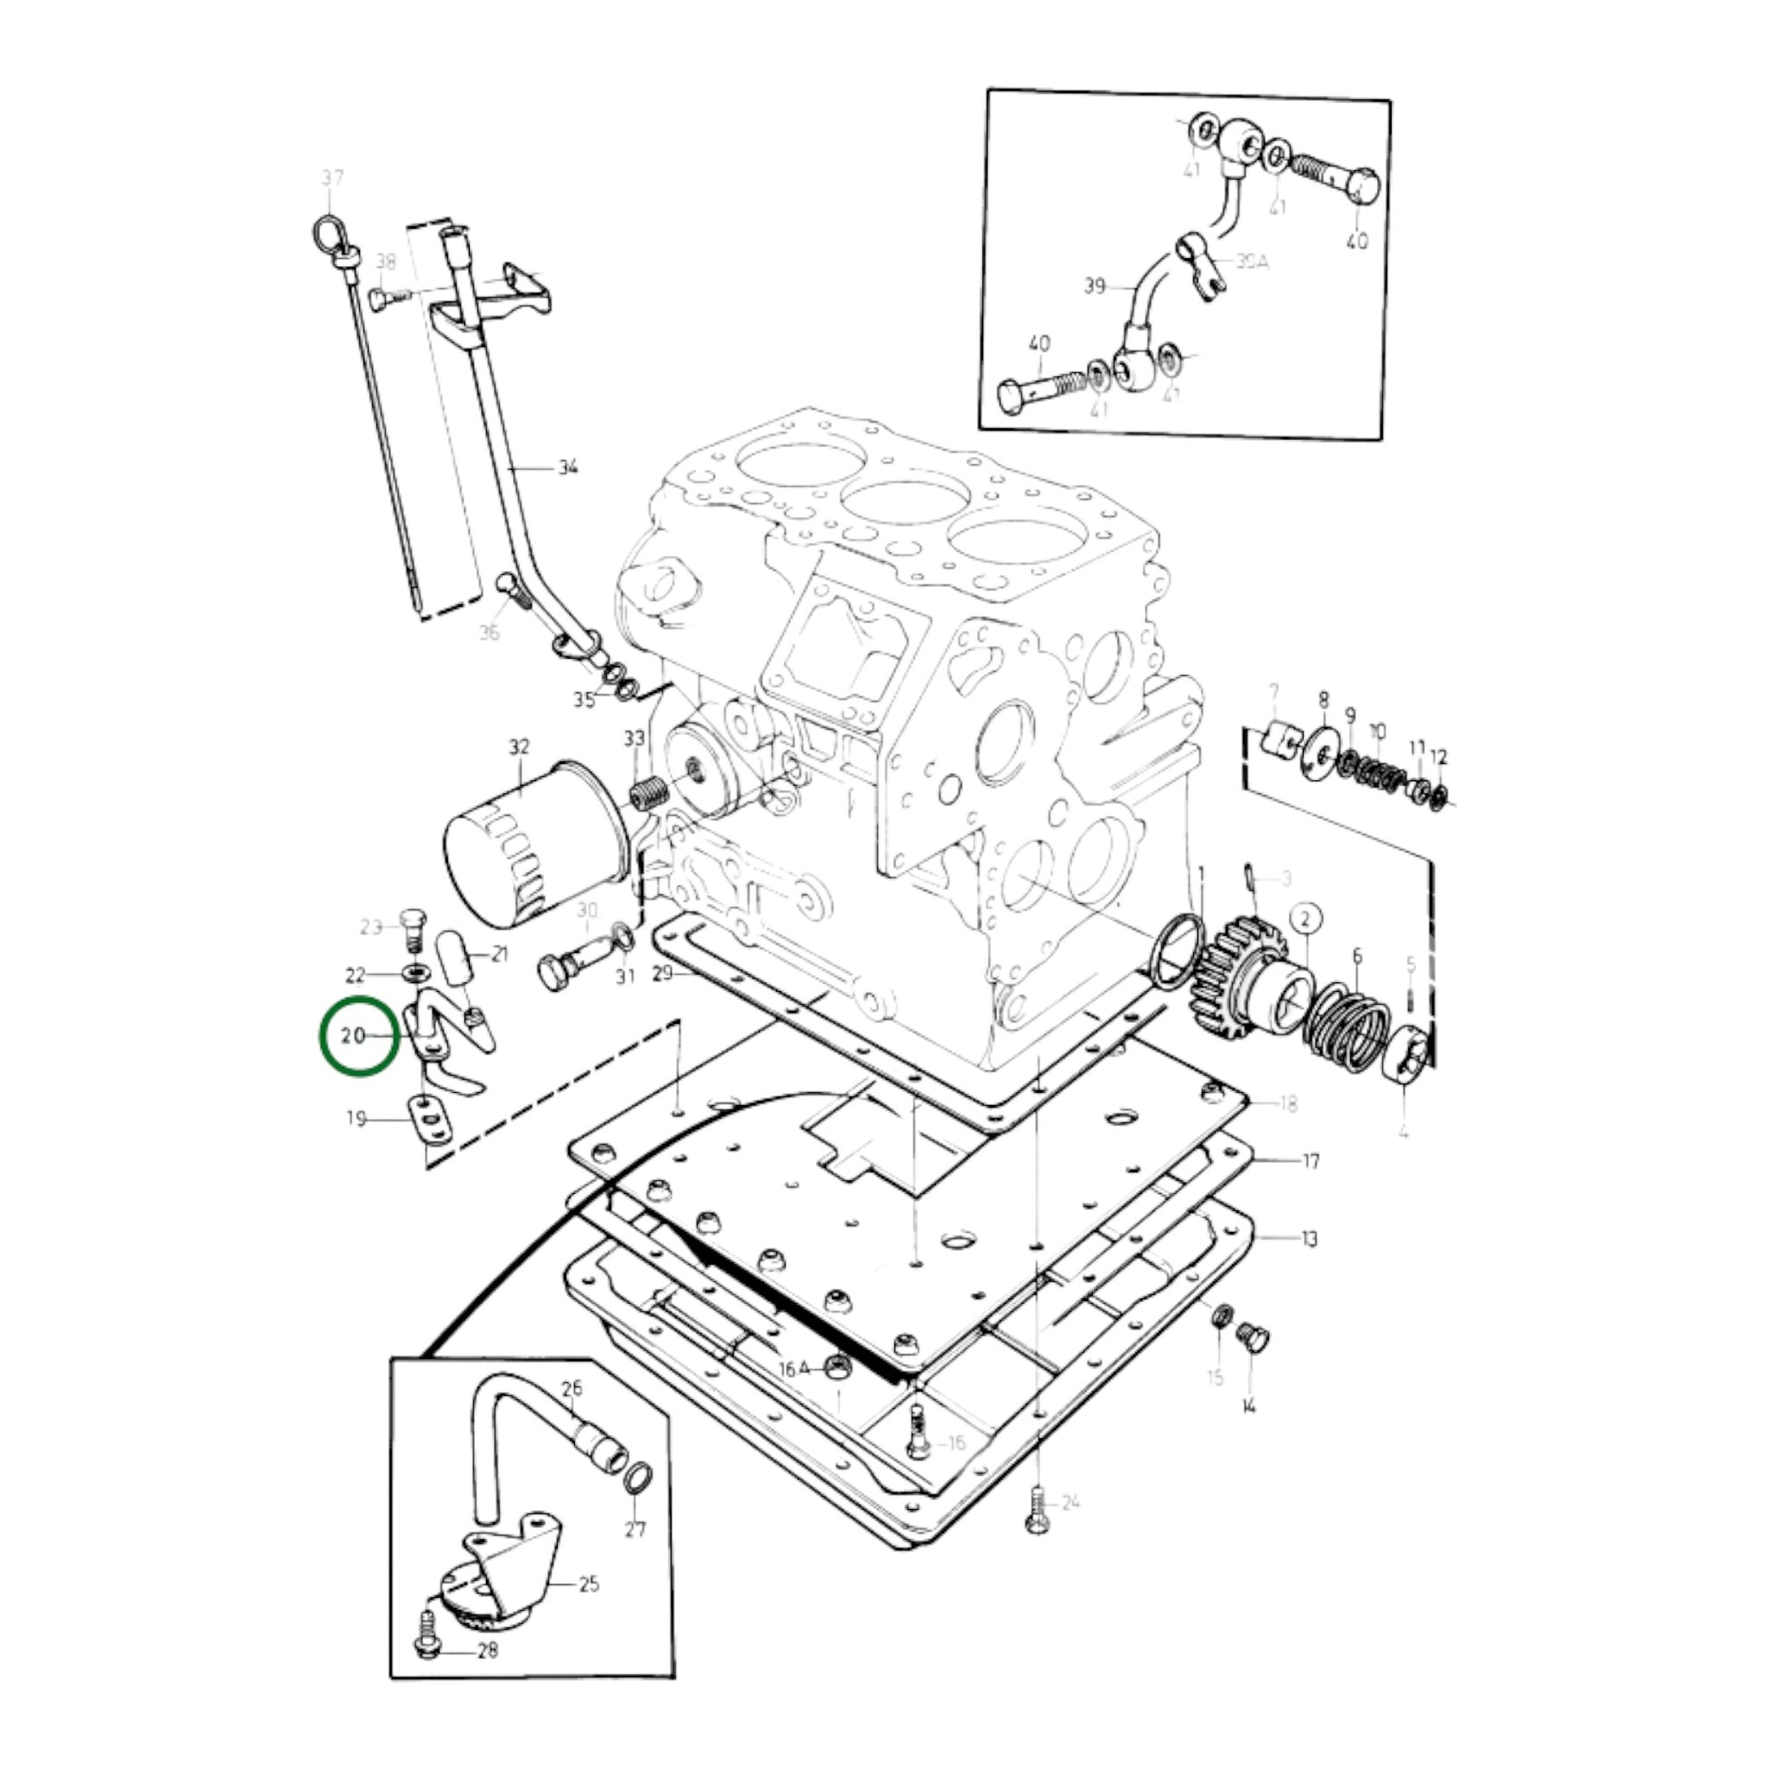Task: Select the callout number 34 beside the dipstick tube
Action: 569,468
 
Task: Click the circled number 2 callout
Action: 1306,918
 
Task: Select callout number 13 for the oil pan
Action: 1309,1239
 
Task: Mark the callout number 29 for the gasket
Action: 662,973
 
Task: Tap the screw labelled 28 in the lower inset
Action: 428,1673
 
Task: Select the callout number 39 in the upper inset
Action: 1095,286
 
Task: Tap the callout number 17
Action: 1310,1161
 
